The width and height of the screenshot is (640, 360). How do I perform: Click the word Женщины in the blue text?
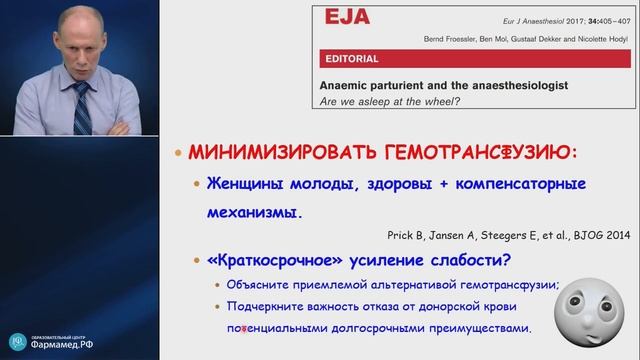tap(243, 186)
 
